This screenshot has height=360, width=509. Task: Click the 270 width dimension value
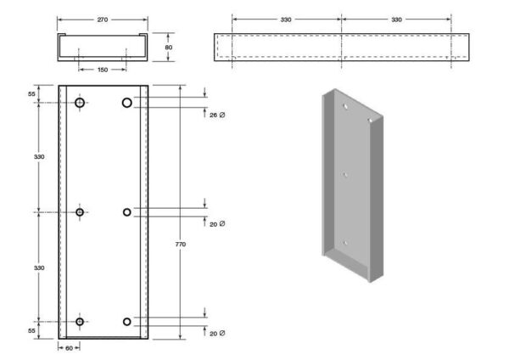103,20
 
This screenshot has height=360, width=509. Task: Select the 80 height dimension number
169,48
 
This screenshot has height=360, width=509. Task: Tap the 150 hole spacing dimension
103,70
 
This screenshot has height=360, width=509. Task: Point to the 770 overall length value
181,244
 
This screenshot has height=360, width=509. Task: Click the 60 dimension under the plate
70,348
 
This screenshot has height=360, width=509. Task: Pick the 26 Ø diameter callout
217,115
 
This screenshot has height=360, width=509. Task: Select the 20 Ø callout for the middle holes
217,224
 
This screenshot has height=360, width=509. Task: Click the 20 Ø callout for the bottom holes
217,334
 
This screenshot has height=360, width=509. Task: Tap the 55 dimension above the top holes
31,94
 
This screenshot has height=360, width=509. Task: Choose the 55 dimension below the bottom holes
31,331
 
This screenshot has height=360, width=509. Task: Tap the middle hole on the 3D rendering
345,175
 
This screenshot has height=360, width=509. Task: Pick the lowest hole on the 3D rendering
345,243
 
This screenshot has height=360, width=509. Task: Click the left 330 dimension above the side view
286,20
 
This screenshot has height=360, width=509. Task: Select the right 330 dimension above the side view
396,20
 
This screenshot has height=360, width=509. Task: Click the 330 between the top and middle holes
39,156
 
